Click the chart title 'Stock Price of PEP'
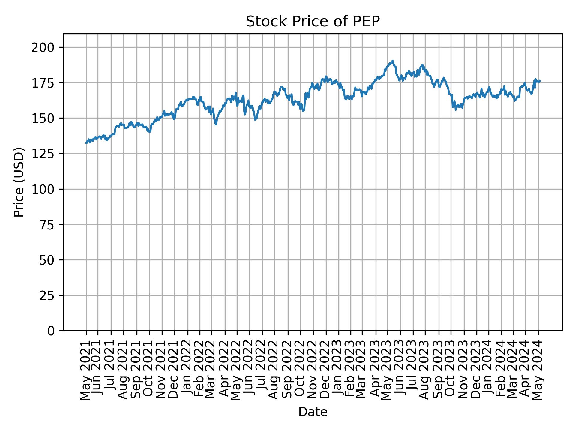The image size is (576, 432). tap(313, 22)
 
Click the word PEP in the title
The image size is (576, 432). tap(367, 22)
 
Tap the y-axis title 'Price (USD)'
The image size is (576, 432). tap(19, 182)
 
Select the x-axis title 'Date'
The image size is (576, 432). tap(313, 412)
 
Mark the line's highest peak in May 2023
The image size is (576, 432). tap(392, 61)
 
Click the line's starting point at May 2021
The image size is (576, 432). tap(86, 143)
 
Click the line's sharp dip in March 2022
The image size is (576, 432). tap(216, 124)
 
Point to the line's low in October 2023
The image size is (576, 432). tap(455, 109)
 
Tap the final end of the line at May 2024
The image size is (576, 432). tap(540, 81)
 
